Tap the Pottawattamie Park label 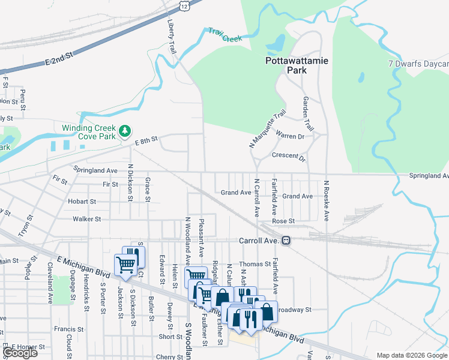(x=286, y=65)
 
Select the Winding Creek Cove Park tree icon (x=124, y=130)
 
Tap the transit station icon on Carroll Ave (x=286, y=241)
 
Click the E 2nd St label (x=59, y=58)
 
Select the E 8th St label (x=146, y=140)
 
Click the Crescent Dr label (x=289, y=156)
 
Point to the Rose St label (x=283, y=221)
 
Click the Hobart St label (x=82, y=201)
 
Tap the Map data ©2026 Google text (x=411, y=355)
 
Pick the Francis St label (x=68, y=329)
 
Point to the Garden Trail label (x=308, y=114)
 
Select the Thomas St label (x=255, y=264)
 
